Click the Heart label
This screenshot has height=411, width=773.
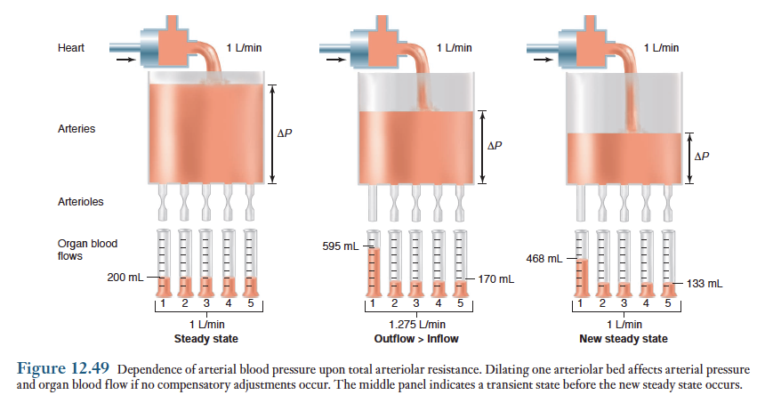click(71, 48)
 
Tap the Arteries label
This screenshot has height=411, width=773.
click(76, 129)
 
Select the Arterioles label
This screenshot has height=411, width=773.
click(80, 202)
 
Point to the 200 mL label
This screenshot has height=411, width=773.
click(125, 278)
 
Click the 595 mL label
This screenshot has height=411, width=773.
click(341, 246)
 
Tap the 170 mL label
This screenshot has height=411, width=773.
click(496, 279)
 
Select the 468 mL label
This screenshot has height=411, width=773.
click(544, 259)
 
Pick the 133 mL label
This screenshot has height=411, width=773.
click(705, 284)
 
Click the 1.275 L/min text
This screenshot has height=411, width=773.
click(417, 325)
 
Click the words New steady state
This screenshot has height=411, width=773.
click(624, 339)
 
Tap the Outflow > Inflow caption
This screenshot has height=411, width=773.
click(416, 339)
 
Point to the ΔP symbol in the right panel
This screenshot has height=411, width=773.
click(702, 157)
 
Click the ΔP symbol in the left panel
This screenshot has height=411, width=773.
click(285, 133)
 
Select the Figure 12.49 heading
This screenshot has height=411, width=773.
click(62, 368)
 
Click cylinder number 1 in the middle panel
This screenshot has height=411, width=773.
click(374, 263)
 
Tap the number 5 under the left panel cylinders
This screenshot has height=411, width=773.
click(251, 303)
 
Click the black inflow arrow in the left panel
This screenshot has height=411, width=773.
click(125, 60)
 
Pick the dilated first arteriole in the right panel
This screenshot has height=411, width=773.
click(581, 203)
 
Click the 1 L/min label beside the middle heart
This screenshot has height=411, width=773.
click(454, 48)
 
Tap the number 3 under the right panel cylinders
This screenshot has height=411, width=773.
click(624, 303)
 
